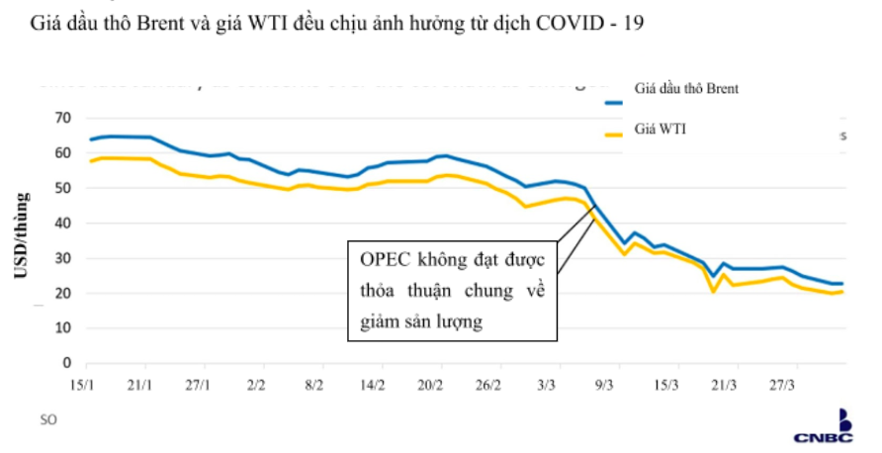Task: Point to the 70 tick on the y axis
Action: point(64,118)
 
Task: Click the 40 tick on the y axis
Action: point(64,224)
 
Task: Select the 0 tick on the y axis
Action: point(67,363)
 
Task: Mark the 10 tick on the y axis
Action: point(64,328)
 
